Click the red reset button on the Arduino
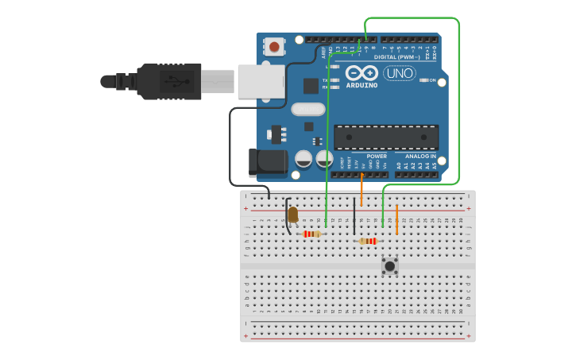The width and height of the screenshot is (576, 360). point(274,46)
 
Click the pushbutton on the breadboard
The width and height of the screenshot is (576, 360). point(389,265)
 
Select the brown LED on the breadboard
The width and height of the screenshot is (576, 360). point(292,215)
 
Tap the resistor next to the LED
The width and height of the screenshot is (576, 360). point(311,234)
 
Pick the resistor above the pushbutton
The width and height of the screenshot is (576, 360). point(368,241)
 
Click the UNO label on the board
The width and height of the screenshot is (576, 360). point(400,73)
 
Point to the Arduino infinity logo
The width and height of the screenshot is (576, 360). point(361,72)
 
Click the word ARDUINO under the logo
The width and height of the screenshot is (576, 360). point(361,85)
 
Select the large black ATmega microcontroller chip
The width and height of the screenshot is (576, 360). point(385,137)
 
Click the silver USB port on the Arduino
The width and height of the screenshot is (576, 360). point(261,81)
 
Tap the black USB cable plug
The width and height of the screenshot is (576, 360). point(167,81)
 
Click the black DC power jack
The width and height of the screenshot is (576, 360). point(268,162)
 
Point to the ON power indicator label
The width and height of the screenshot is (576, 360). point(432,80)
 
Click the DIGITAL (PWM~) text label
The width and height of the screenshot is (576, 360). point(395,56)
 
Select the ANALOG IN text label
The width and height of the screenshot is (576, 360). point(420,156)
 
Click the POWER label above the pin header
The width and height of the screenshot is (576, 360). point(377,156)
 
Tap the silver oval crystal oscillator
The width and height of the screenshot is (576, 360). point(308,110)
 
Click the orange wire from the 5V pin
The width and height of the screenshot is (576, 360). point(361,191)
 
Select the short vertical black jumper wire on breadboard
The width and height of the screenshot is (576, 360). point(354,216)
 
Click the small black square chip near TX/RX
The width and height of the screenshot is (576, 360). point(311,86)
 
